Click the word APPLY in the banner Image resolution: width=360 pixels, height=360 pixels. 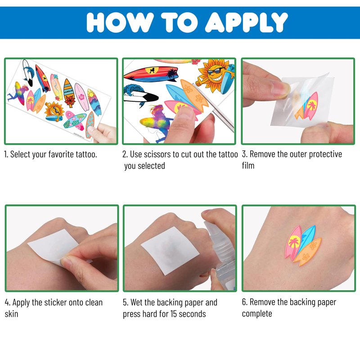click(x=246, y=22)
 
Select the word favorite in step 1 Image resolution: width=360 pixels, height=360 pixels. click(x=61, y=154)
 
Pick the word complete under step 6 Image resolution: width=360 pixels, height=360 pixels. click(x=257, y=314)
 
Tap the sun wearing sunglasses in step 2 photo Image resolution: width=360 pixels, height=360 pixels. click(x=212, y=76)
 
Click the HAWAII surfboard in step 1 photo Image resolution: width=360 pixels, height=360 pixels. click(x=69, y=93)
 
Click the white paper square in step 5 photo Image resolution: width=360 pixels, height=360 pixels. click(x=170, y=250)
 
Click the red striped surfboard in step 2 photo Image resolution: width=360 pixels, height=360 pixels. click(x=151, y=74)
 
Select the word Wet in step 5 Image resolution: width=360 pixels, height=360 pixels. click(x=138, y=302)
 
